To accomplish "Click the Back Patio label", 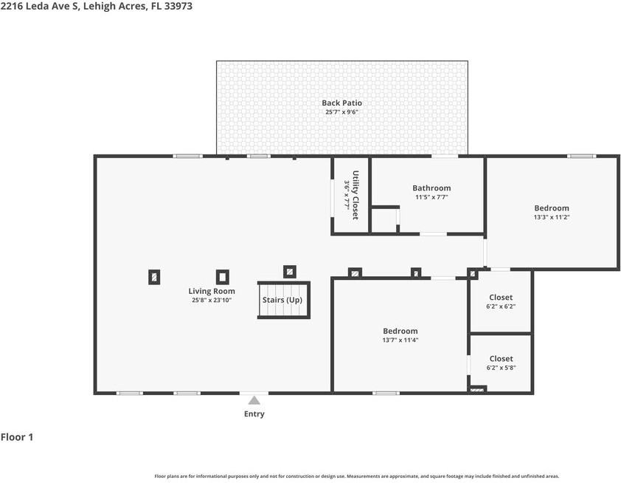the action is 341,103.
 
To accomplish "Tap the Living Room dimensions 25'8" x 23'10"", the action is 212,300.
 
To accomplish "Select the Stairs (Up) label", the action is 282,300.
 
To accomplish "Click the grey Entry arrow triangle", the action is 254,400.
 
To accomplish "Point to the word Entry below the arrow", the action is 254,414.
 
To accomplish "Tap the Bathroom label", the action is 431,188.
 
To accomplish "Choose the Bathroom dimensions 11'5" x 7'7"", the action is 431,197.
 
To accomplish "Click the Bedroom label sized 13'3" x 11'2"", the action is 552,208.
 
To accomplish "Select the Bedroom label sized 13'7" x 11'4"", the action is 400,331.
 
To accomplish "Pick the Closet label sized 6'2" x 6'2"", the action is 501,297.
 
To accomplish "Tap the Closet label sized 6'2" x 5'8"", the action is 501,358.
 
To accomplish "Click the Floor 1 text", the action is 17,437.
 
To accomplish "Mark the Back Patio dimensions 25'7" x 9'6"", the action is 341,112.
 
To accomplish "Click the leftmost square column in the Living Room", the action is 154,277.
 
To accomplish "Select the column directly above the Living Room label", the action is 223,277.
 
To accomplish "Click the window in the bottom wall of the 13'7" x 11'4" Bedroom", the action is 386,393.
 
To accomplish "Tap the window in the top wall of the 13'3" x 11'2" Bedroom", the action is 581,157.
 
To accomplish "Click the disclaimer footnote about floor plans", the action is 357,476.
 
